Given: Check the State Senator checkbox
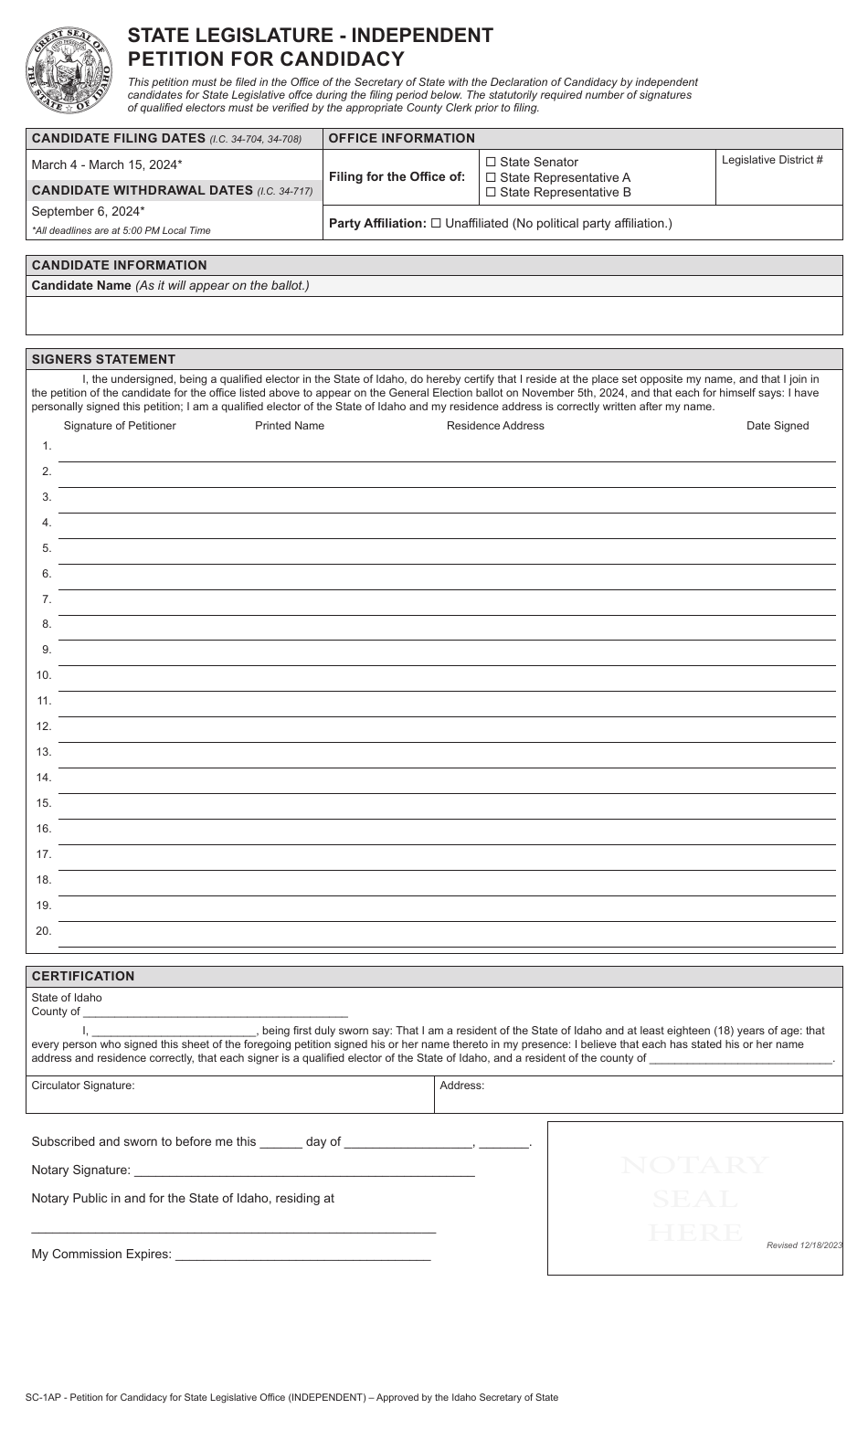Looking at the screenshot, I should (x=492, y=163).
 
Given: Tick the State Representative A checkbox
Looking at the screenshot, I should (x=492, y=177).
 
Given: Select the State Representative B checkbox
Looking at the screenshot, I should (x=492, y=193).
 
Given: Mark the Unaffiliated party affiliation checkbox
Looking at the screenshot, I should (x=436, y=223).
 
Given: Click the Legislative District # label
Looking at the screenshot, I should (x=772, y=160).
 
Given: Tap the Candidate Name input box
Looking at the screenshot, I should (x=434, y=315).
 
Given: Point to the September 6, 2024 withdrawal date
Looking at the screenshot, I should (x=88, y=211).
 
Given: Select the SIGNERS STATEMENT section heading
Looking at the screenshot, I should (x=103, y=359).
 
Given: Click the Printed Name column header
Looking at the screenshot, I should (x=290, y=426).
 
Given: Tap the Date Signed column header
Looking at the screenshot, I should (x=778, y=426).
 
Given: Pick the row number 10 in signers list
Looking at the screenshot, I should (x=44, y=675).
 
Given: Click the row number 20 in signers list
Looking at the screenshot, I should (x=44, y=931).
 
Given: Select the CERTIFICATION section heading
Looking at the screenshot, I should (x=83, y=976).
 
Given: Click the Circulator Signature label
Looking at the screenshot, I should (x=83, y=1086).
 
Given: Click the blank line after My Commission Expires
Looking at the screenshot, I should (x=302, y=1254).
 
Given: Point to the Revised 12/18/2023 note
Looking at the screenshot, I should (x=804, y=1245).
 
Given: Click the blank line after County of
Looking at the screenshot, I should (x=216, y=1012).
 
